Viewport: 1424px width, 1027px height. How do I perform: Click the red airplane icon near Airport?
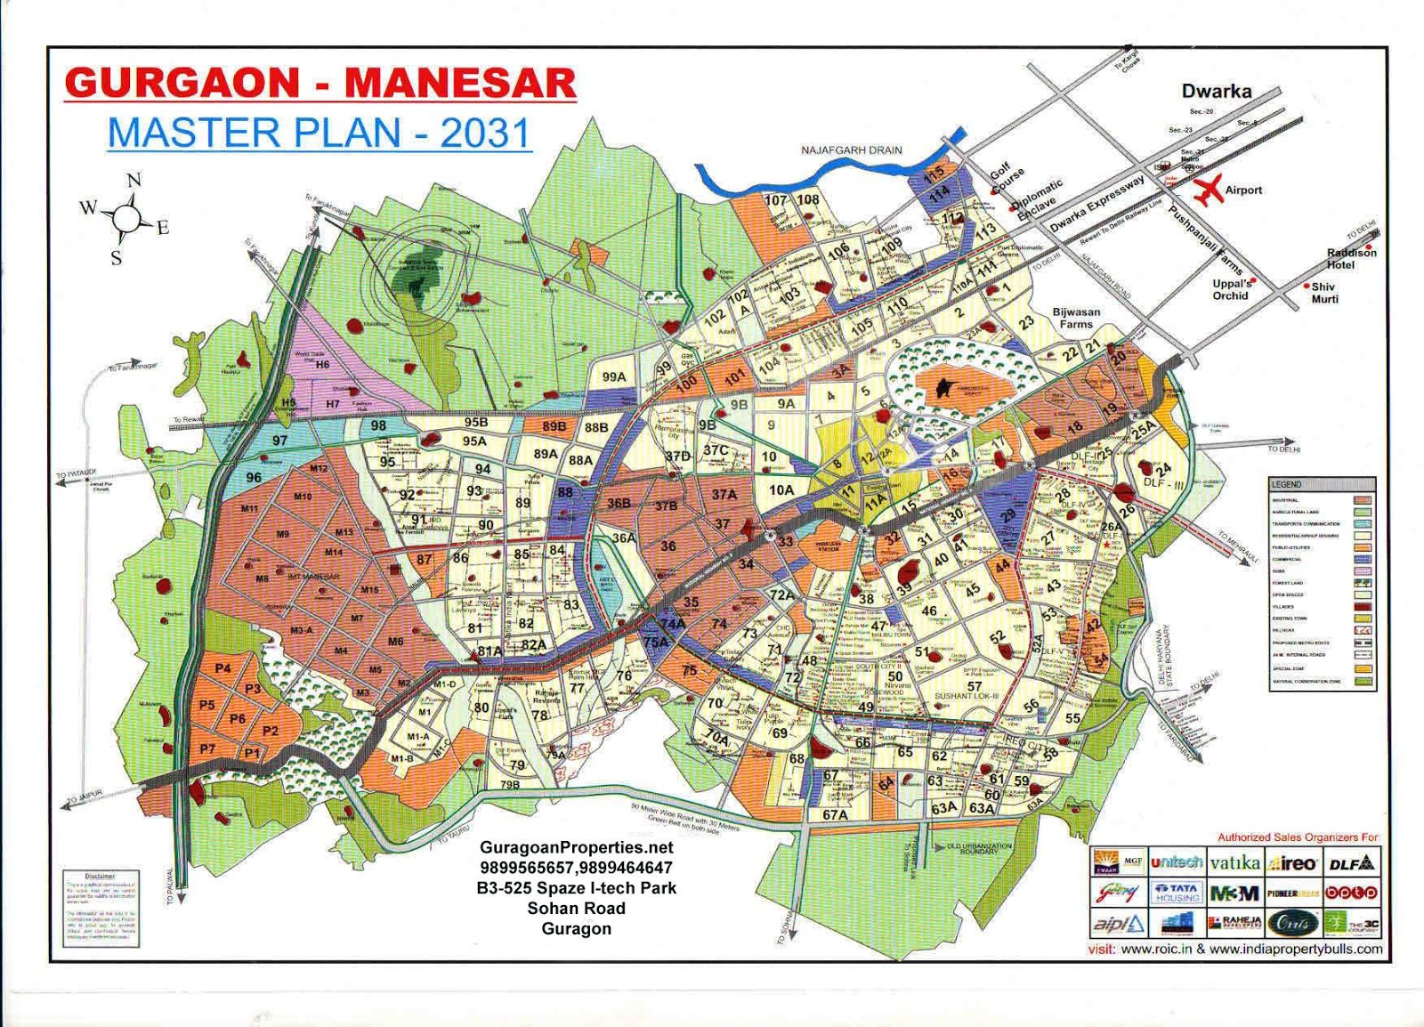coord(1207,190)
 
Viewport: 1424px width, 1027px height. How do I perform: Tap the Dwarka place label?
coord(1216,91)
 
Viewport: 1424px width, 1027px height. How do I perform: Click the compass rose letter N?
coord(133,181)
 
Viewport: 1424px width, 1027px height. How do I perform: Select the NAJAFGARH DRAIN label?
coord(851,150)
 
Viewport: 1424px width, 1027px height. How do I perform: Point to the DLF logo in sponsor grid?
coord(1352,862)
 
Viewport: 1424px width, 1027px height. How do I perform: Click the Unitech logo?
coord(1176,862)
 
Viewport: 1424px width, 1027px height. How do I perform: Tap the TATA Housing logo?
coord(1177,893)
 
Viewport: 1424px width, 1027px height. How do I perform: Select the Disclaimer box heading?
coord(100,876)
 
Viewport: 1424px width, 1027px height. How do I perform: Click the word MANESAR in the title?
coord(460,83)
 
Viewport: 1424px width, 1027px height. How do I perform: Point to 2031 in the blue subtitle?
coord(485,133)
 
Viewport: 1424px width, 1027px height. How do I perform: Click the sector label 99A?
coord(613,376)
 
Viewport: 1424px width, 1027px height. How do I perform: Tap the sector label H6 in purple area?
coord(322,364)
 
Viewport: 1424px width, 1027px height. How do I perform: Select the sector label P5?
coord(206,705)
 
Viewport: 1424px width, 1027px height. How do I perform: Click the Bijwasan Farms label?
coord(1076,318)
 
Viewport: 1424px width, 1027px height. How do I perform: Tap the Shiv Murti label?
coord(1323,293)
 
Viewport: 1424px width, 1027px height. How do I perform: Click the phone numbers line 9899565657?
coord(576,867)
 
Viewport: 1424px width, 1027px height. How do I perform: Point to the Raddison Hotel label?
coord(1351,258)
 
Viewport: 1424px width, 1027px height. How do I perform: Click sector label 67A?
coord(835,814)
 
